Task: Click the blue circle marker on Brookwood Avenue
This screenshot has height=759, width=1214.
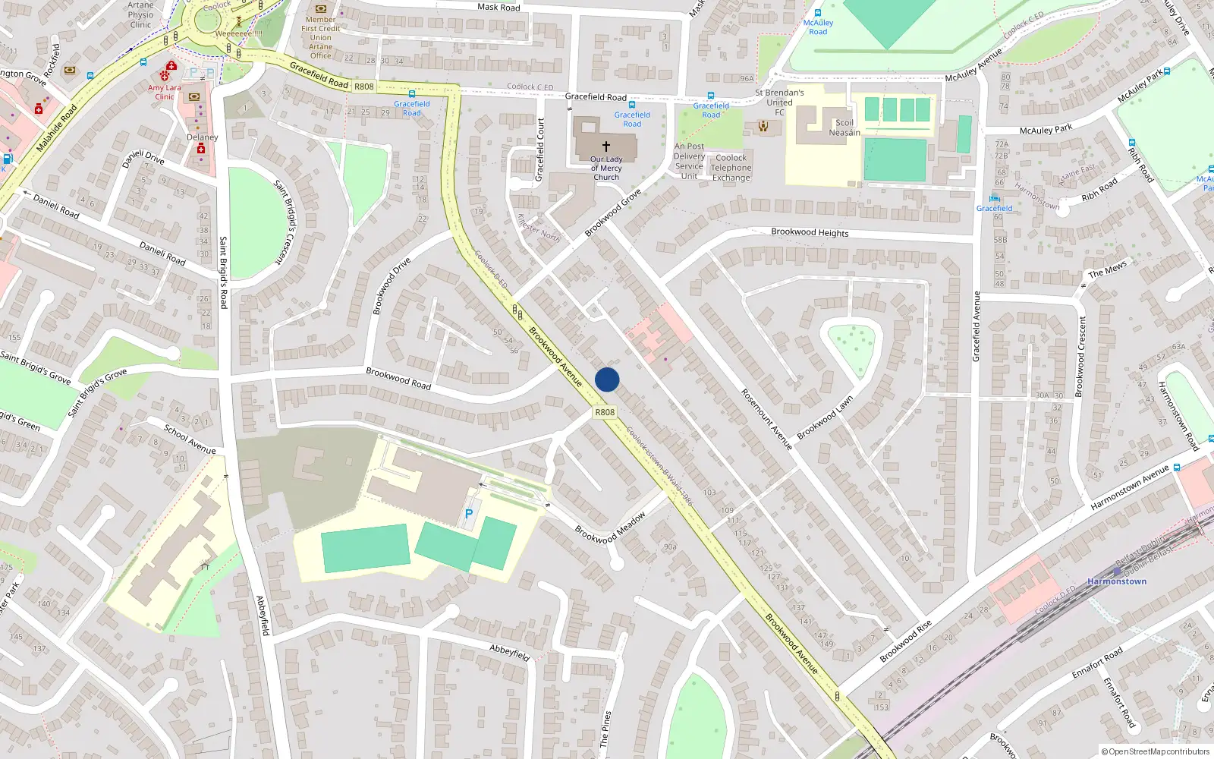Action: coord(607,379)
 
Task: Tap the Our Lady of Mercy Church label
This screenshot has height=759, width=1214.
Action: coord(606,168)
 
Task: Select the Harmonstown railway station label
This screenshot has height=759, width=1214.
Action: coord(1117,581)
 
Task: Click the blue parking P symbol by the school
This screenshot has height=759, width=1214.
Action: coord(469,515)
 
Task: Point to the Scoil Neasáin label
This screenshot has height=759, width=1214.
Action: coord(844,128)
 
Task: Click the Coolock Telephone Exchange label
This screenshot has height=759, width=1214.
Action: coord(731,168)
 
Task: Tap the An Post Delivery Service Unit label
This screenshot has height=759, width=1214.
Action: coord(689,161)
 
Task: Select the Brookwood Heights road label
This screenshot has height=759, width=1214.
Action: coord(810,232)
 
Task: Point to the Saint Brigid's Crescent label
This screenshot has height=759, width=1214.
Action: coord(287,222)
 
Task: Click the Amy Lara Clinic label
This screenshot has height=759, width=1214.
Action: coord(165,92)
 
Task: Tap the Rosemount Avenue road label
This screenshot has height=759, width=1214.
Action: coord(767,419)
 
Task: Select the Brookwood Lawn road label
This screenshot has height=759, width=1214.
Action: coord(825,417)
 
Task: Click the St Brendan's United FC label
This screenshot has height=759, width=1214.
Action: coord(779,102)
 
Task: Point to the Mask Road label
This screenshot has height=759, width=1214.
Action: coord(498,7)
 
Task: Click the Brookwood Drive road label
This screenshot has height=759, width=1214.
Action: coord(392,285)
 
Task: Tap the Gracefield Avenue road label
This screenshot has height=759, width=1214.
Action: coord(977,326)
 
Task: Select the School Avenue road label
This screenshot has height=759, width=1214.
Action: coord(190,439)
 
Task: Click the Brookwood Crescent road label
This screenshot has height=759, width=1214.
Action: coord(1080,356)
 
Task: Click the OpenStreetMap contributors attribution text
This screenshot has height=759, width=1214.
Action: coord(1156,752)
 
